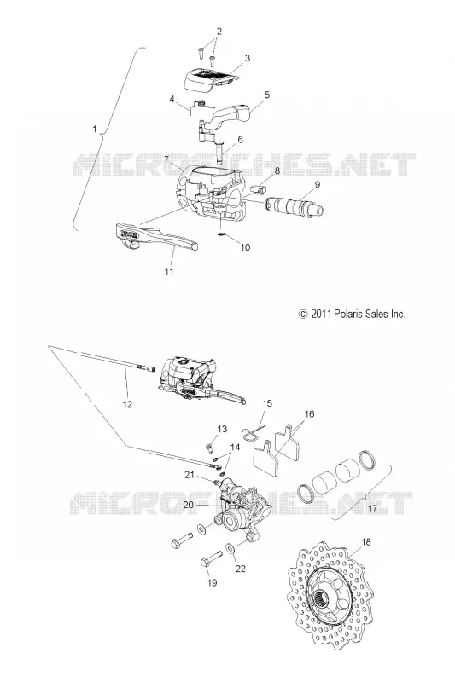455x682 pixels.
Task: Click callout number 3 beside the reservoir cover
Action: click(247, 58)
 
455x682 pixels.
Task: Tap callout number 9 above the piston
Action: click(318, 184)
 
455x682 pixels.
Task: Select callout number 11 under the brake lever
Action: click(169, 271)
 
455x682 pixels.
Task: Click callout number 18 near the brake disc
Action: click(366, 542)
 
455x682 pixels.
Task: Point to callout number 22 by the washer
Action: click(241, 569)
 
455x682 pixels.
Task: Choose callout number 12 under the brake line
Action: click(127, 404)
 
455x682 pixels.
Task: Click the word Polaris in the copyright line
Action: click(350, 314)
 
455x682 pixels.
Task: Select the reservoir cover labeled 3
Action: click(210, 79)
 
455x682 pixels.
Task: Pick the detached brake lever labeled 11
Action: click(156, 237)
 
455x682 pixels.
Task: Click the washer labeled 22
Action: click(230, 548)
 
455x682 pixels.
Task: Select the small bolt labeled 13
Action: click(210, 447)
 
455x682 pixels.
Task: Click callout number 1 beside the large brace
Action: click(95, 129)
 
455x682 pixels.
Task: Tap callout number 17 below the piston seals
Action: click(373, 508)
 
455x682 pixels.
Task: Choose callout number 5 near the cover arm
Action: click(267, 95)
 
